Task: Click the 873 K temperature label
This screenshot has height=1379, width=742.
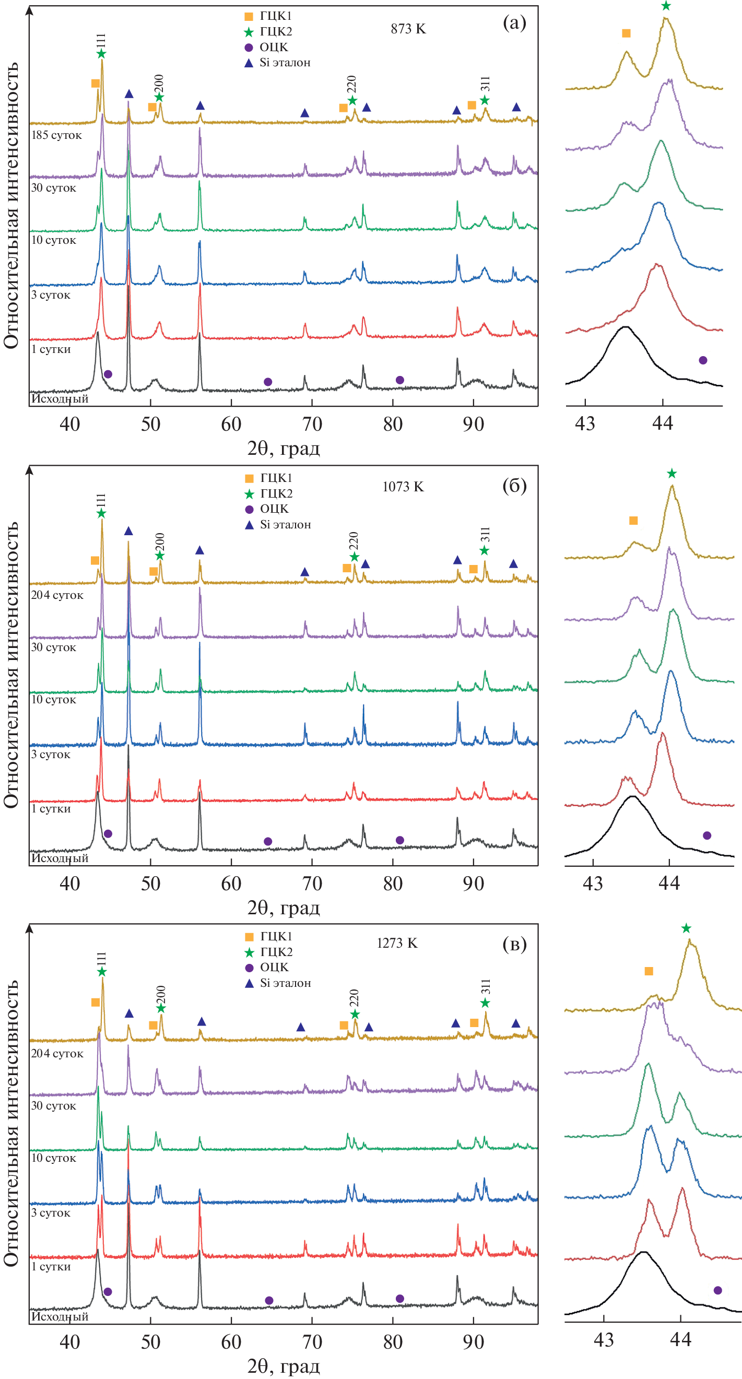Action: click(408, 29)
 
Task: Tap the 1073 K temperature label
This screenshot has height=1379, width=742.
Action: click(403, 487)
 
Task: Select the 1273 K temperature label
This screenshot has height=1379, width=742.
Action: click(397, 942)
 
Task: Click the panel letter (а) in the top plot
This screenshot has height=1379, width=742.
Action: click(514, 22)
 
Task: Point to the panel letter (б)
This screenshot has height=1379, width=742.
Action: click(514, 485)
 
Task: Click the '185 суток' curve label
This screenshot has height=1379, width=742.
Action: click(56, 135)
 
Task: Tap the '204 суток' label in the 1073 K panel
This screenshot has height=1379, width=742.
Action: click(57, 595)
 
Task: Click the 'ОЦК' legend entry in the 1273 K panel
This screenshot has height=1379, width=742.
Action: click(274, 968)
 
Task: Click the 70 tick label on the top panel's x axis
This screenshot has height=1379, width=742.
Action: click(312, 424)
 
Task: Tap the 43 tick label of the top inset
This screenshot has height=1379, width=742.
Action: click(585, 423)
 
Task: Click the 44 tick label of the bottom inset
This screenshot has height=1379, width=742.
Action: click(680, 1339)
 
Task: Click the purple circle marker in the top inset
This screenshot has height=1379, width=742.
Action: click(703, 360)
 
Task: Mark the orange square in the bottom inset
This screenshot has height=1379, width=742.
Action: click(649, 971)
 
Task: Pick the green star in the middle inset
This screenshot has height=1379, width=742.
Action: click(672, 473)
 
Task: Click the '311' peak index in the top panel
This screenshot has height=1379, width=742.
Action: click(485, 84)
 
